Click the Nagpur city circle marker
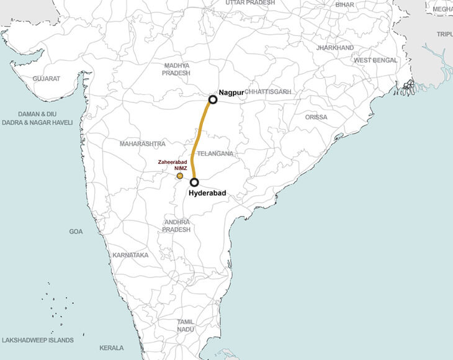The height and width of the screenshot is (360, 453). click(x=212, y=99)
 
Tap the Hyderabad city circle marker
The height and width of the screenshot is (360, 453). click(x=194, y=182)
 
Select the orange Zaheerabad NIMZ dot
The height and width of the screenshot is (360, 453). click(x=180, y=176)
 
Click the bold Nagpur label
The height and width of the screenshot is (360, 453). click(x=231, y=92)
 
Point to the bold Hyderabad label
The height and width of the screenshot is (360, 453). click(x=207, y=194)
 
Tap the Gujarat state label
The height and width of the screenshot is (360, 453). click(x=47, y=79)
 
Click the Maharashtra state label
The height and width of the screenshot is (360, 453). click(x=143, y=143)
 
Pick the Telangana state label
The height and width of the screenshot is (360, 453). click(x=215, y=153)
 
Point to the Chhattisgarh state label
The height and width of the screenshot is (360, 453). click(x=267, y=92)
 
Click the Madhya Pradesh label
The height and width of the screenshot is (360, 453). click(x=176, y=69)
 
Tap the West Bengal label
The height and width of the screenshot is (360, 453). click(x=375, y=60)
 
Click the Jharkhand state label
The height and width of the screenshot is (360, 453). click(x=334, y=48)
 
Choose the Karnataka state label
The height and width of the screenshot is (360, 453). click(x=130, y=255)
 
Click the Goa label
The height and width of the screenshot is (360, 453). click(x=76, y=232)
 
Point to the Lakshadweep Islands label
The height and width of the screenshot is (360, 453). click(x=38, y=340)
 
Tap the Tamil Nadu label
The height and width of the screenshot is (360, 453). click(x=186, y=325)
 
